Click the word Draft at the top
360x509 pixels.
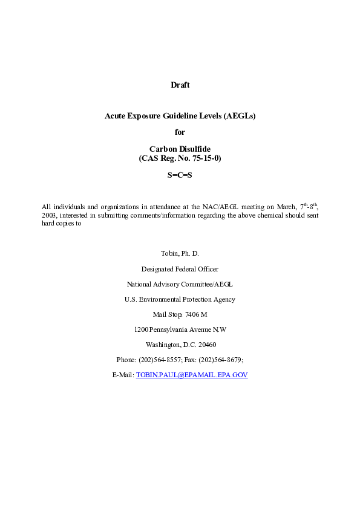click(180, 85)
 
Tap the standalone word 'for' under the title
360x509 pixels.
click(180, 132)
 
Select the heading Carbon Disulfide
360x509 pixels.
click(180, 149)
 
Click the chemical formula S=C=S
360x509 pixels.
click(180, 175)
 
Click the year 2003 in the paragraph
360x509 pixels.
click(48, 215)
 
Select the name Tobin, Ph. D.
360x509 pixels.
click(180, 253)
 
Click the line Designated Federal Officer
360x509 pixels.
click(180, 269)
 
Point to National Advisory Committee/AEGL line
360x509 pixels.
click(180, 284)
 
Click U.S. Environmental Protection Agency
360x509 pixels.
click(180, 299)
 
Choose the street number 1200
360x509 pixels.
click(140, 329)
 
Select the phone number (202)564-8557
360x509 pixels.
click(159, 360)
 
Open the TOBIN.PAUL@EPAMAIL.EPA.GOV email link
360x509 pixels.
click(192, 375)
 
